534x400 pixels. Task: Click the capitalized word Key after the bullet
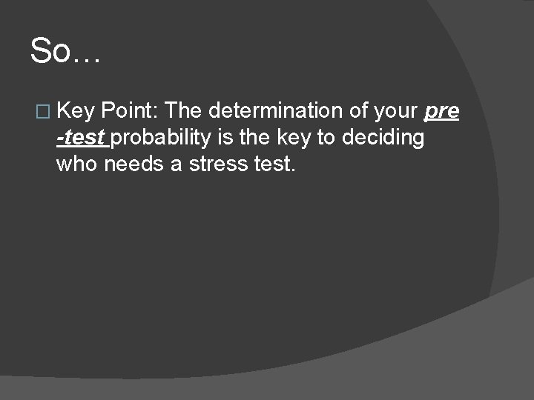pyautogui.click(x=76, y=112)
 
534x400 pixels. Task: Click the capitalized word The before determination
pyautogui.click(x=184, y=112)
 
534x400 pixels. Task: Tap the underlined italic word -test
pyautogui.click(x=81, y=139)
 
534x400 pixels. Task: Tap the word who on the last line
pyautogui.click(x=76, y=164)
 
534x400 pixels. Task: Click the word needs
pyautogui.click(x=133, y=164)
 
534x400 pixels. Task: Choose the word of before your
pyautogui.click(x=353, y=112)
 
